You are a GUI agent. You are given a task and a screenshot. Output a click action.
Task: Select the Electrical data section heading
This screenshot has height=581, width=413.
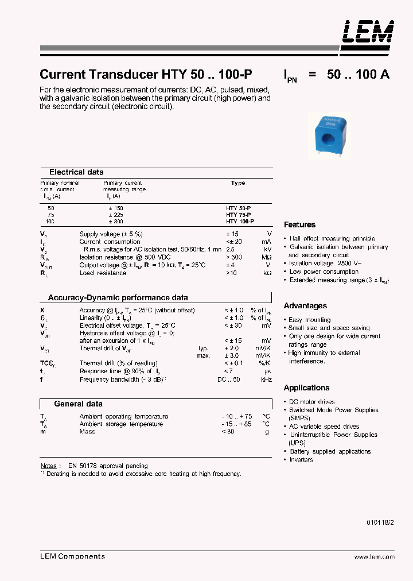pyautogui.click(x=76, y=172)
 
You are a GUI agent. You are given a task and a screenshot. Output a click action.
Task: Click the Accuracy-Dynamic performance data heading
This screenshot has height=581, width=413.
pyautogui.click(x=118, y=298)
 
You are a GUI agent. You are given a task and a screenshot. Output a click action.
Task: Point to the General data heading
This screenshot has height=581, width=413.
pyautogui.click(x=78, y=404)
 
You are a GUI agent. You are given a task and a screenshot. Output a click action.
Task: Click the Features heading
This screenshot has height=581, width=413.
pyautogui.click(x=299, y=224)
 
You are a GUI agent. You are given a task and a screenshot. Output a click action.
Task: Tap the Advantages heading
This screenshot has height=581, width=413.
pyautogui.click(x=305, y=306)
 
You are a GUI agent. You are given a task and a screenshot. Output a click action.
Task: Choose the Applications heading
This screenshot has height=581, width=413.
pyautogui.click(x=306, y=388)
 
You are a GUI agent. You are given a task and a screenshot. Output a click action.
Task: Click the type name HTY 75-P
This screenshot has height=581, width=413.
pyautogui.click(x=239, y=215)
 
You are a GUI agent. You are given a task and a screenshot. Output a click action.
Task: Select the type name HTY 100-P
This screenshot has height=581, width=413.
pyautogui.click(x=240, y=221)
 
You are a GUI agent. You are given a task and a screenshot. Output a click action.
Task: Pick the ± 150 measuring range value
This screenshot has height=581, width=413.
pyautogui.click(x=115, y=208)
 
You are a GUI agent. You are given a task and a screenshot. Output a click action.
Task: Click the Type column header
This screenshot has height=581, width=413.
pyautogui.click(x=237, y=183)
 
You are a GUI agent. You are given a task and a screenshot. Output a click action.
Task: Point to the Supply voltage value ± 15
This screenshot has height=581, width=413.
pyautogui.click(x=232, y=234)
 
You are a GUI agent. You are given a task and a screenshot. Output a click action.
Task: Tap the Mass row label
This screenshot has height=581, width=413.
pyautogui.click(x=87, y=431)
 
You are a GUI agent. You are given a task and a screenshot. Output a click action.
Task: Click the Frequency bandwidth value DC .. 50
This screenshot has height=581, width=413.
pyautogui.click(x=228, y=379)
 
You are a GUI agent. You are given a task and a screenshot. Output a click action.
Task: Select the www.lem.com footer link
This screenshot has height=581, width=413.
pyautogui.click(x=374, y=557)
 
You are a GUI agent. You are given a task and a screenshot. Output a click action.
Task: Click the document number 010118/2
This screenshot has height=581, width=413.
pyautogui.click(x=380, y=521)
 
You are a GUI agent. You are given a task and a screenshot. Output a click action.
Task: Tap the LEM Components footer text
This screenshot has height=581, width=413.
pyautogui.click(x=72, y=556)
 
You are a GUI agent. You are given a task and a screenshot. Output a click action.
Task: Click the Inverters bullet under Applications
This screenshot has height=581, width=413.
pyautogui.click(x=301, y=459)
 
